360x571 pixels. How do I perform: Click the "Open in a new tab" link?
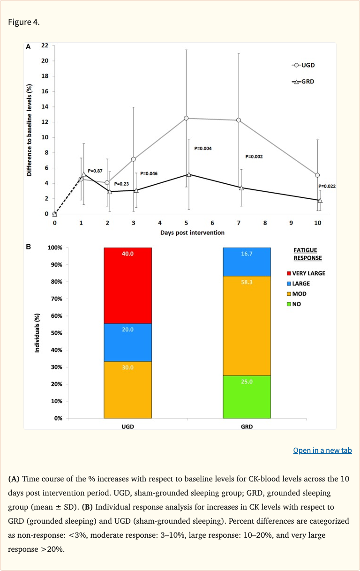pos(322,450)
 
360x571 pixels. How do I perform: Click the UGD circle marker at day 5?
pos(186,118)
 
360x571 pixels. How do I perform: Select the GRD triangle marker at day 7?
pos(241,188)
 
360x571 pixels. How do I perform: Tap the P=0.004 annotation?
pos(203,149)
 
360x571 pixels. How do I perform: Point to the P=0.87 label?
pos(95,171)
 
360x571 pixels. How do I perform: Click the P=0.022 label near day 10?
pos(327,186)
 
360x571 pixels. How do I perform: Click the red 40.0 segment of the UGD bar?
pos(127,285)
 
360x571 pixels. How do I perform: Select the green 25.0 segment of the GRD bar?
pos(247,397)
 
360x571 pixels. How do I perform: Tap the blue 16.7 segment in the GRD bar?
pos(247,262)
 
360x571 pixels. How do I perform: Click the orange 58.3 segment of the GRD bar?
pos(247,325)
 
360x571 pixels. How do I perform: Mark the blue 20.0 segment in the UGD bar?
pos(127,342)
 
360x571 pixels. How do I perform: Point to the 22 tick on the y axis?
pos(45,45)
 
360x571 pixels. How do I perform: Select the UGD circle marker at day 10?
pos(317,175)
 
